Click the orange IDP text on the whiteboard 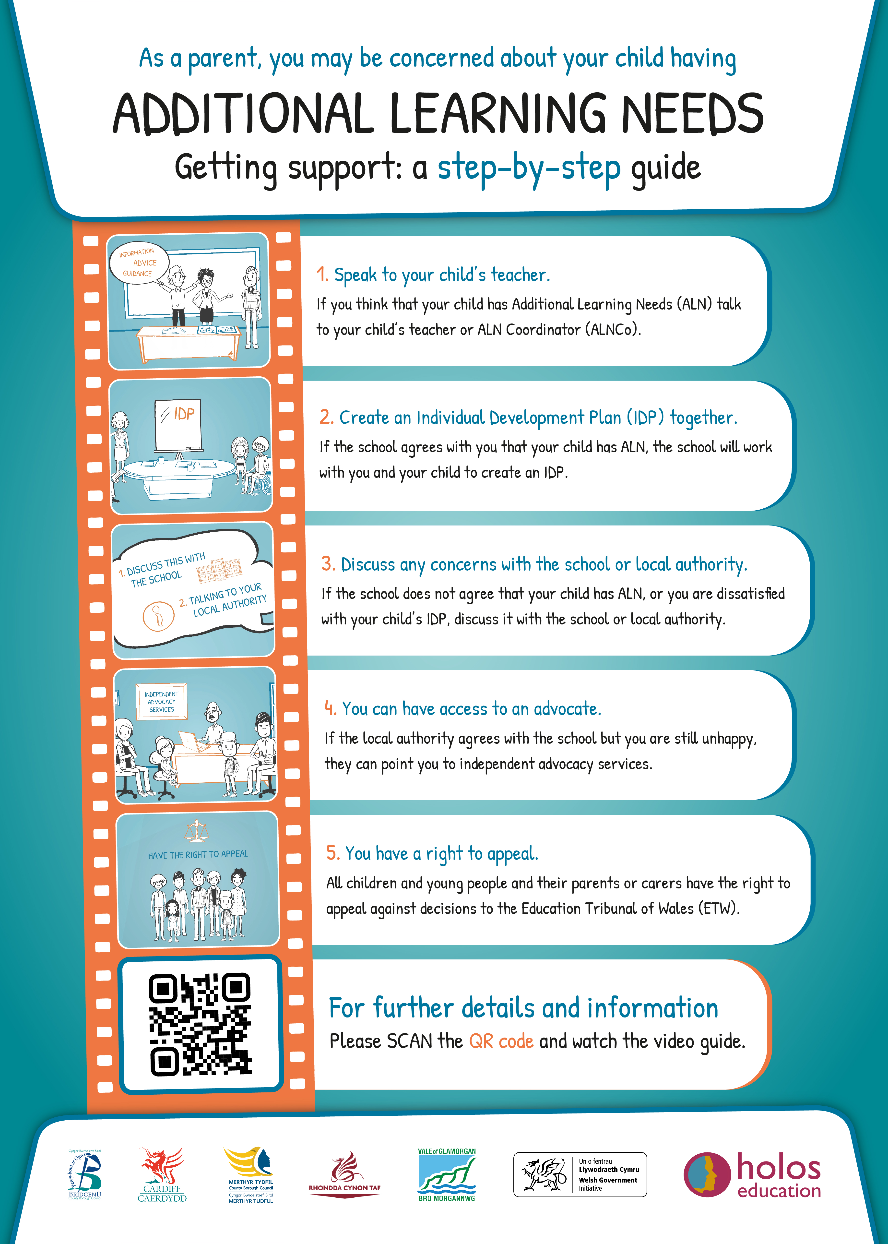point(184,414)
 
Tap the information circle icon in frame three point(159,616)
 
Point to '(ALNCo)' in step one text point(612,330)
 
